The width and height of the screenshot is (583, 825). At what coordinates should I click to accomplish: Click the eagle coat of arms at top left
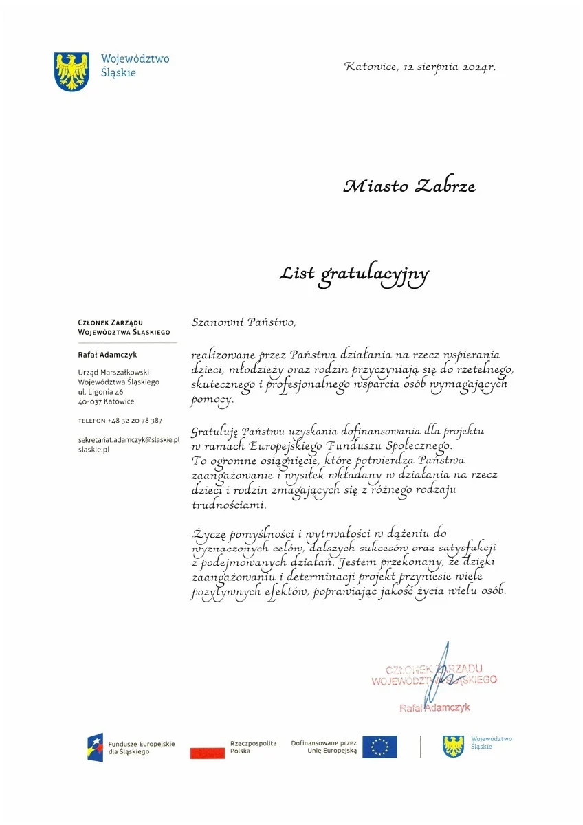[71, 69]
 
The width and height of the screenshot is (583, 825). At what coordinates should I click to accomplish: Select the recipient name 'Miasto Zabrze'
[410, 186]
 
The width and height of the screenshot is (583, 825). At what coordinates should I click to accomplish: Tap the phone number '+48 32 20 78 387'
[135, 420]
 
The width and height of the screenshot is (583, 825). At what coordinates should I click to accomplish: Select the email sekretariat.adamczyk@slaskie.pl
[129, 439]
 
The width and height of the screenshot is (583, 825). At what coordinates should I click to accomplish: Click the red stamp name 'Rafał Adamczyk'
[435, 707]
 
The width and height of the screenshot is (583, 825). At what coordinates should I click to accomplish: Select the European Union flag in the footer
[379, 747]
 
